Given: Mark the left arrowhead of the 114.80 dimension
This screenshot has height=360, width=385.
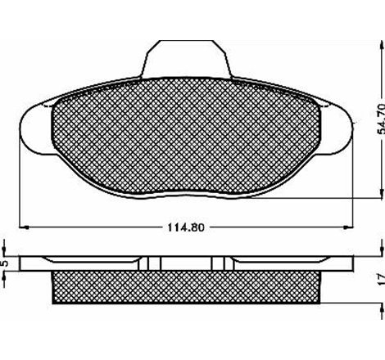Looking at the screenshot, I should [21, 227].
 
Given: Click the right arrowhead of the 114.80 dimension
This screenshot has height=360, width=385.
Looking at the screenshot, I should [354, 227].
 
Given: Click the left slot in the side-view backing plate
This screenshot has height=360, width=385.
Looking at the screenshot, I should [151, 264].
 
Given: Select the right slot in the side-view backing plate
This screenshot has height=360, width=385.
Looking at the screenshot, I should [217, 264].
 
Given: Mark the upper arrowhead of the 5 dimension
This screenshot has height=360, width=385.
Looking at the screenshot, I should [7, 256].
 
